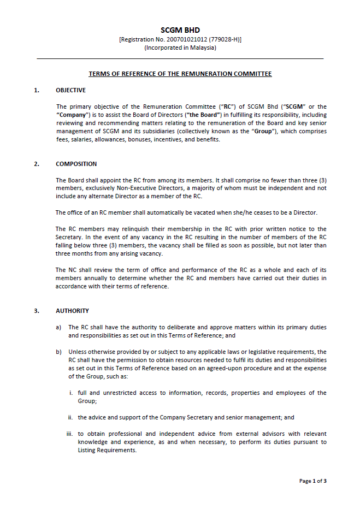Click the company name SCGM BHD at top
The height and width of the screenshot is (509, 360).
[x=180, y=30]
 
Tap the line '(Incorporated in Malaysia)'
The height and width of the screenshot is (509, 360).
[x=180, y=48]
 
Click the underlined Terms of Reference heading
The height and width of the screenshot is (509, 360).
[x=180, y=74]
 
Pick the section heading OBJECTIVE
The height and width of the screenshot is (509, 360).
[x=70, y=90]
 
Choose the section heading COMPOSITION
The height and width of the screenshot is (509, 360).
[x=76, y=164]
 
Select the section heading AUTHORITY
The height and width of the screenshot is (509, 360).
[x=72, y=311]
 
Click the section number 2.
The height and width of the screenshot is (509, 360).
[x=37, y=164]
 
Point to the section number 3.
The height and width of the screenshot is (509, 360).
[x=37, y=311]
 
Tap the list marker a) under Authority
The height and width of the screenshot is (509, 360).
[x=58, y=327]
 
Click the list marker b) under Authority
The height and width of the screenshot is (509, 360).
[x=58, y=352]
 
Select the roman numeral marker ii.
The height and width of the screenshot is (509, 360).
[x=70, y=417]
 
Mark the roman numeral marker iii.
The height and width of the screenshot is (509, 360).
[x=70, y=434]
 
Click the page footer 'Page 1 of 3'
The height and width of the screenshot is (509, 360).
[x=312, y=481]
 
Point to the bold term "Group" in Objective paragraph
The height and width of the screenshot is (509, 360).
[x=263, y=131]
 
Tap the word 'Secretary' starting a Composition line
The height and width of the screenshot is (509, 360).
[x=69, y=238]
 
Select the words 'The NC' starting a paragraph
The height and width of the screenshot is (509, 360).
[x=65, y=270]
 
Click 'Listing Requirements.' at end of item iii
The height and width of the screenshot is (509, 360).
[x=107, y=450]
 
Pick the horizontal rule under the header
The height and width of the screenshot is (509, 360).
[x=180, y=58]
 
